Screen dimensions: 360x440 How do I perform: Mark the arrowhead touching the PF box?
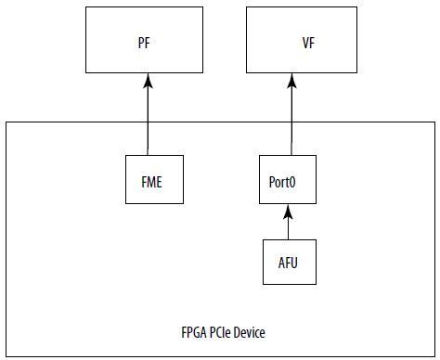[148, 80]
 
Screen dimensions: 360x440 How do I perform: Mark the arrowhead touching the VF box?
[292, 80]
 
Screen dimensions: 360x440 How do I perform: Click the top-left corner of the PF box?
[87, 10]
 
